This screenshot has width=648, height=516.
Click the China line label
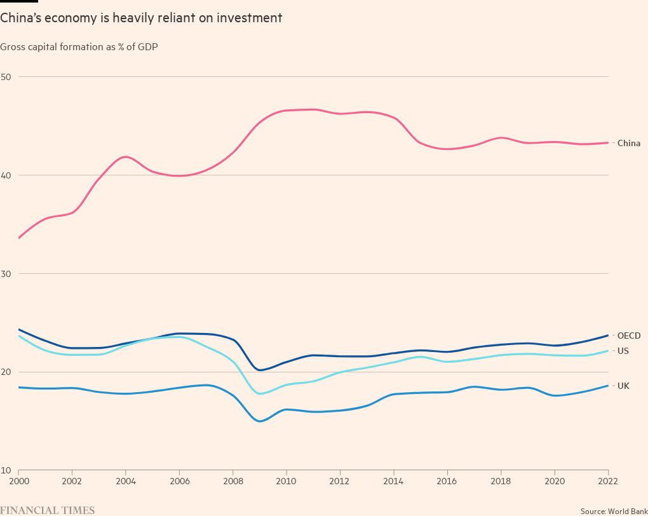click(628, 143)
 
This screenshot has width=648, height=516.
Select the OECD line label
click(628, 336)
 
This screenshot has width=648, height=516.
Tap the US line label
click(623, 351)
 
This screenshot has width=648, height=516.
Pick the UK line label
click(623, 386)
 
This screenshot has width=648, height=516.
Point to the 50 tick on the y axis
click(6, 77)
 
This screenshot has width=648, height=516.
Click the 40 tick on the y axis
click(6, 175)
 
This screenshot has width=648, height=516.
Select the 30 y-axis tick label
click(6, 274)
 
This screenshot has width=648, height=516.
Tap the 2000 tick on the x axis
click(18, 481)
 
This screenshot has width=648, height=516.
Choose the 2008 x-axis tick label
click(233, 481)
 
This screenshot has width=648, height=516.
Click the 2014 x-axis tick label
click(394, 481)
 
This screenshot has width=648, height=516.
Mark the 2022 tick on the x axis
click(608, 481)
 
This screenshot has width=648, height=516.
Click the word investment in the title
click(249, 18)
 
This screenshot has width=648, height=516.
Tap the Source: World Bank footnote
click(614, 510)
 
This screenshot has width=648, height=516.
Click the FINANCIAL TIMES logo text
click(48, 510)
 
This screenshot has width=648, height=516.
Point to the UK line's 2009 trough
click(260, 421)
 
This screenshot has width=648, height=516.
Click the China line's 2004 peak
click(126, 156)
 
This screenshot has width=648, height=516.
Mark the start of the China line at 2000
click(19, 238)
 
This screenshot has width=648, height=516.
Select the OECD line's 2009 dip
click(260, 370)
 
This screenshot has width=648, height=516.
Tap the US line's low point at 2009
click(260, 393)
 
